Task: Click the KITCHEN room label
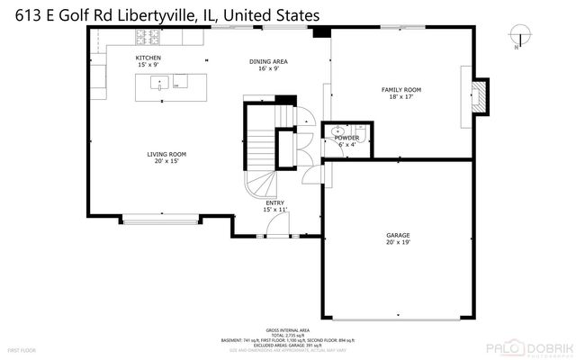coord(149,58)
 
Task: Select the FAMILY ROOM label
coord(401,90)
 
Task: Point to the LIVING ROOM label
coord(166,154)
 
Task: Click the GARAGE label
coord(399,235)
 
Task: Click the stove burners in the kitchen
coord(147,37)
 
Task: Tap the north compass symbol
coord(516,37)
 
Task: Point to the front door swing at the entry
coord(279,225)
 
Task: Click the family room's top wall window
coord(400,28)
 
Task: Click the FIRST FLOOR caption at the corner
coord(22,348)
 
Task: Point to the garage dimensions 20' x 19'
coord(399,242)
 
